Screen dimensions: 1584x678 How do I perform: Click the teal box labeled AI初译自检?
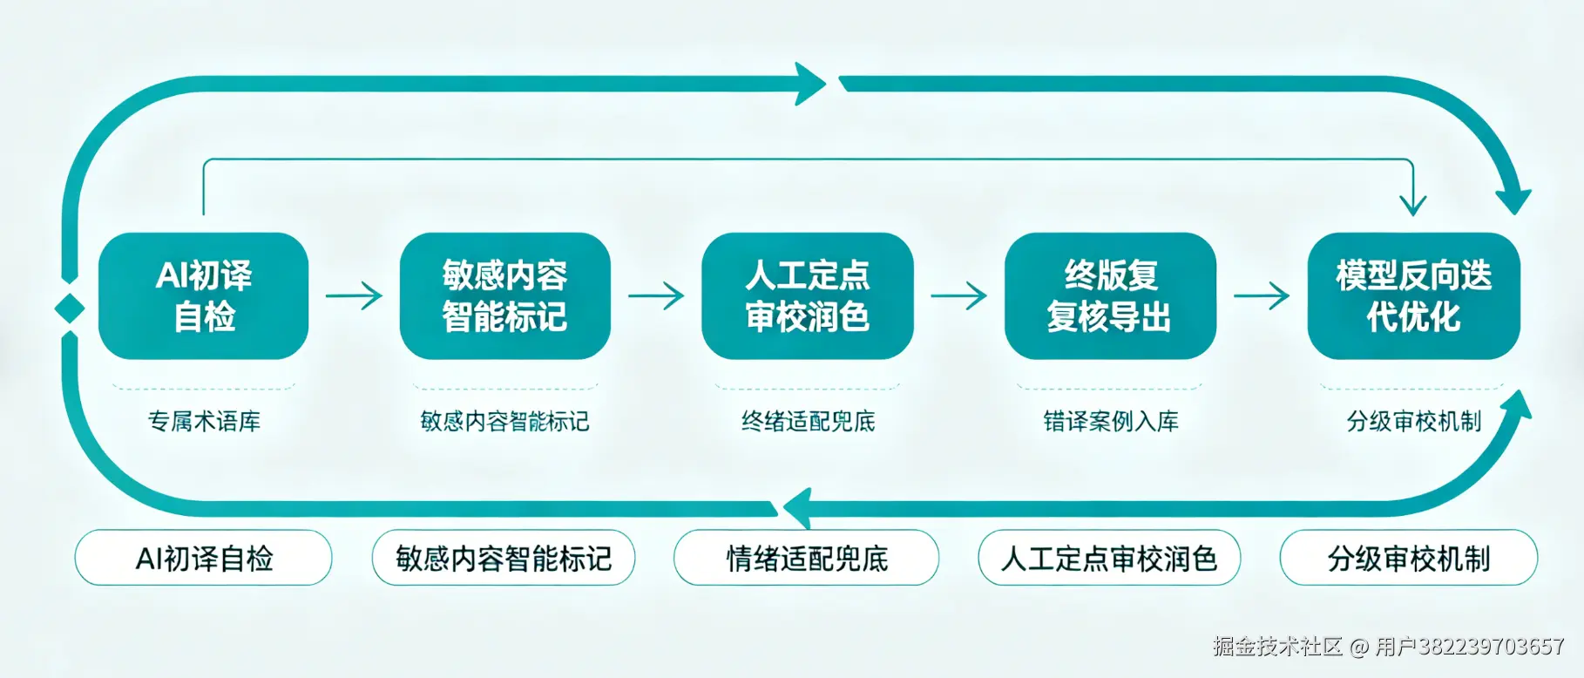click(x=203, y=295)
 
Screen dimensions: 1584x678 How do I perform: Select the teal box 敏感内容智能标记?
click(x=504, y=295)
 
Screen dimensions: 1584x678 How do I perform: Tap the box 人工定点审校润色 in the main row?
click(x=807, y=295)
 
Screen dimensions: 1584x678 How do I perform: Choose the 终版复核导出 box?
click(x=1109, y=295)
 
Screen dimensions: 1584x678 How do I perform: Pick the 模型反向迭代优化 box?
click(x=1413, y=295)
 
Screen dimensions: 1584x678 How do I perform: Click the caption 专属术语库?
click(x=204, y=422)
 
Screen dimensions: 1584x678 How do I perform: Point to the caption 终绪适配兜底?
click(x=808, y=422)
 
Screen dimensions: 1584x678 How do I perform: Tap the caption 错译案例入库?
click(x=1111, y=422)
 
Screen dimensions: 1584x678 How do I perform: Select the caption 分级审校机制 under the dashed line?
click(x=1413, y=422)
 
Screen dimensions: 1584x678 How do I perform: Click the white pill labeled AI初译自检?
click(x=204, y=558)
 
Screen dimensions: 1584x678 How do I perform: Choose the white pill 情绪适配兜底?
click(x=807, y=558)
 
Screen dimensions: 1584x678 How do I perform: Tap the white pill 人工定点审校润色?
click(x=1109, y=558)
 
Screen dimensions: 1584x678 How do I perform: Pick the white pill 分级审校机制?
click(x=1408, y=558)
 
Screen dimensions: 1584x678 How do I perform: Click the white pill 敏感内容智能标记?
click(x=504, y=558)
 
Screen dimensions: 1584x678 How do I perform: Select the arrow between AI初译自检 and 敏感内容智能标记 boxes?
click(x=354, y=295)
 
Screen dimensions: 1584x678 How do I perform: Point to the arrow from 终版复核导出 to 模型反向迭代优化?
click(x=1262, y=295)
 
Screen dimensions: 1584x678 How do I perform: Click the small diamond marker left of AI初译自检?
click(x=70, y=308)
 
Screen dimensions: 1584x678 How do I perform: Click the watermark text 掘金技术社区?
click(x=1277, y=647)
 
